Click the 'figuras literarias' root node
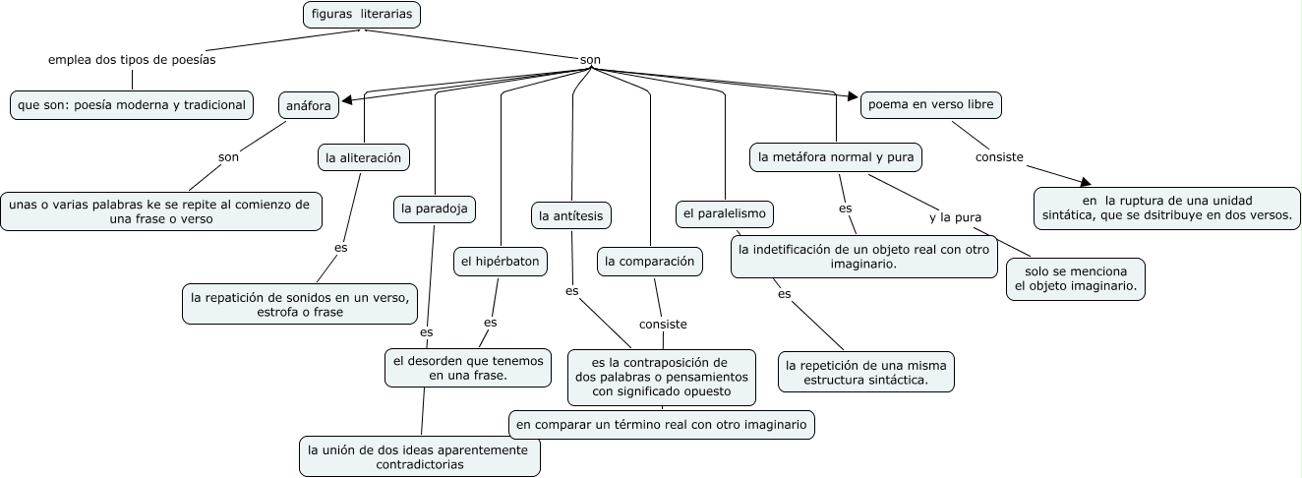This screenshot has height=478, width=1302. (x=362, y=15)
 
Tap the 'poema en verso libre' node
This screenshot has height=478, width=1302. (x=931, y=104)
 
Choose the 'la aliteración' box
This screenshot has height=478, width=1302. (x=364, y=156)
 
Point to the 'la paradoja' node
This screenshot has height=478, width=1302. (x=435, y=209)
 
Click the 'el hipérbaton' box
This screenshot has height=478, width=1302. (x=500, y=262)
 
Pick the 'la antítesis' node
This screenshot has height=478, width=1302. (x=571, y=214)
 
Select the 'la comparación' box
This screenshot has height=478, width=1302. (x=650, y=261)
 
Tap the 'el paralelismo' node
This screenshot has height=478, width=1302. (x=725, y=213)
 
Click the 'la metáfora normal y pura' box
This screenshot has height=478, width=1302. (x=836, y=156)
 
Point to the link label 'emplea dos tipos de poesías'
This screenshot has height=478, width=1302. (x=132, y=60)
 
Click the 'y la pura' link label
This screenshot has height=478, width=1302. (x=956, y=217)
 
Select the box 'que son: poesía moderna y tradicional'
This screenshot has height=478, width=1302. (x=131, y=104)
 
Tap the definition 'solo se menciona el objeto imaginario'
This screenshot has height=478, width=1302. (x=1076, y=278)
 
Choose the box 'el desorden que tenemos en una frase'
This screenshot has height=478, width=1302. (x=467, y=368)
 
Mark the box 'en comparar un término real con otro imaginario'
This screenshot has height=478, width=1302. (x=662, y=424)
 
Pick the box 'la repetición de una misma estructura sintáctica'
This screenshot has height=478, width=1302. (x=866, y=372)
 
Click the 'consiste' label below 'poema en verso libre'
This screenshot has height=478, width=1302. (x=999, y=156)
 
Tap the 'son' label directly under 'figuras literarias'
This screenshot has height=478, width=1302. (x=590, y=60)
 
